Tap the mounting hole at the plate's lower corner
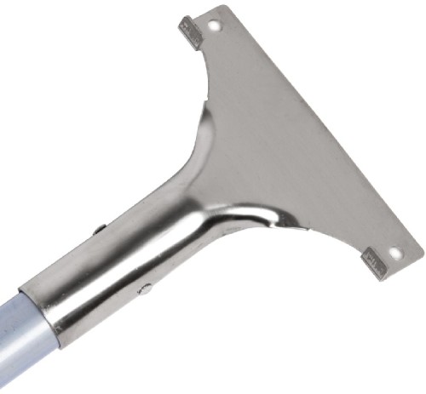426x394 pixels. click(394, 254)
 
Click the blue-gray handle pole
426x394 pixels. click(21, 340)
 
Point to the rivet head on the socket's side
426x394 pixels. click(146, 289)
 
